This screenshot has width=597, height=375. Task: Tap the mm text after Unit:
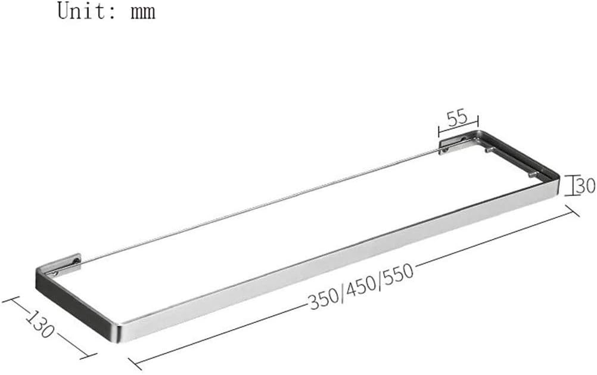coord(143,11)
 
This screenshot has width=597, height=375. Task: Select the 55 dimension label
coord(458,117)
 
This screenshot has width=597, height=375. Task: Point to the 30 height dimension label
coord(586,185)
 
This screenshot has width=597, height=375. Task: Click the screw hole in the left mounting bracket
coord(55,272)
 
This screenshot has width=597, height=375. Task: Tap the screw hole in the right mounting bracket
coord(444,151)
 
